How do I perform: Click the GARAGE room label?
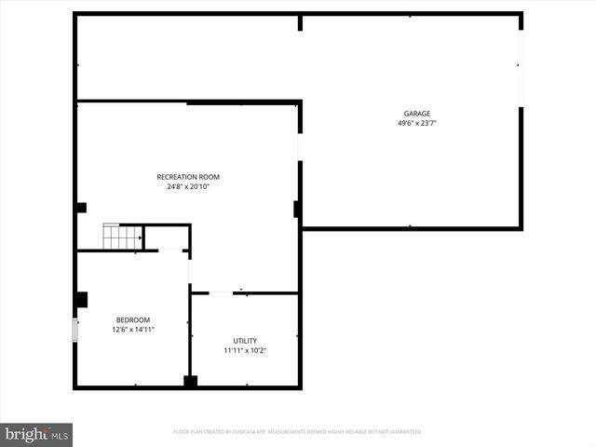point(416,114)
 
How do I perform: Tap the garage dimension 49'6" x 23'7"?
point(416,123)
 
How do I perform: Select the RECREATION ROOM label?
point(188,177)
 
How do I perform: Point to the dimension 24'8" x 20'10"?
point(188,186)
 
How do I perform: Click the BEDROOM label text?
point(132,319)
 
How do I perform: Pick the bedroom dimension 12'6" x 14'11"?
point(132,329)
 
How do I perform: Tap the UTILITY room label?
point(245,341)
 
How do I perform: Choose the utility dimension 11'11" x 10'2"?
point(245,351)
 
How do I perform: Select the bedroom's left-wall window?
point(75,331)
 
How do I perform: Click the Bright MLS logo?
point(37,434)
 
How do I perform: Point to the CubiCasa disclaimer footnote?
point(298,432)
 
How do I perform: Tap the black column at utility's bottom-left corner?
point(190,381)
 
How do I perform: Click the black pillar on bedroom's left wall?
point(81,299)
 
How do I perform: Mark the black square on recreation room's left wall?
point(81,208)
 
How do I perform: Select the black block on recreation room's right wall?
point(296,209)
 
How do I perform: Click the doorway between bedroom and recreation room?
point(190,271)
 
